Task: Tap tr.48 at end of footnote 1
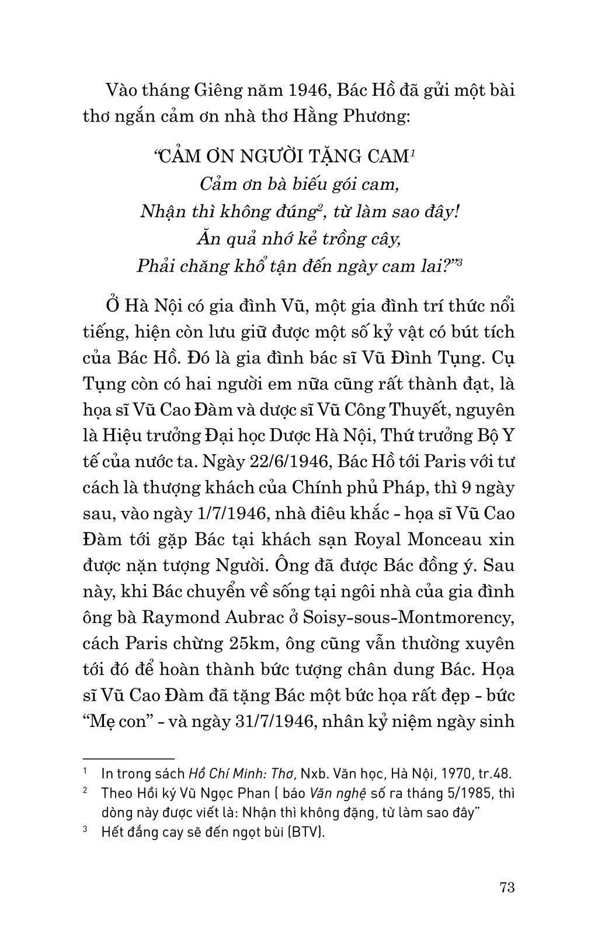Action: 495,774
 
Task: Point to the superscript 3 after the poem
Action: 460,262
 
